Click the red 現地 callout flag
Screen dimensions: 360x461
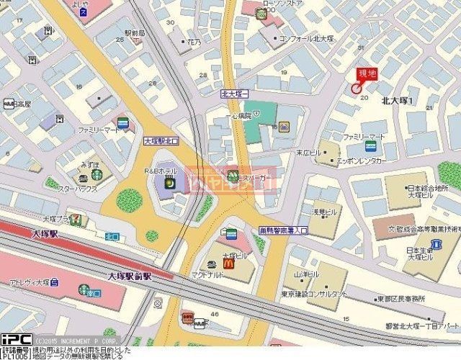click(367, 73)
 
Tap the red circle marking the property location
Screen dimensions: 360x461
click(355, 88)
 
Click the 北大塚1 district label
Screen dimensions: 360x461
click(397, 101)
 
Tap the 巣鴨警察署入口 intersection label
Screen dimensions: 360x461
click(283, 230)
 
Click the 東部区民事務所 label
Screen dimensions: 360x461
click(400, 298)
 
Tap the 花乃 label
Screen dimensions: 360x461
click(194, 42)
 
